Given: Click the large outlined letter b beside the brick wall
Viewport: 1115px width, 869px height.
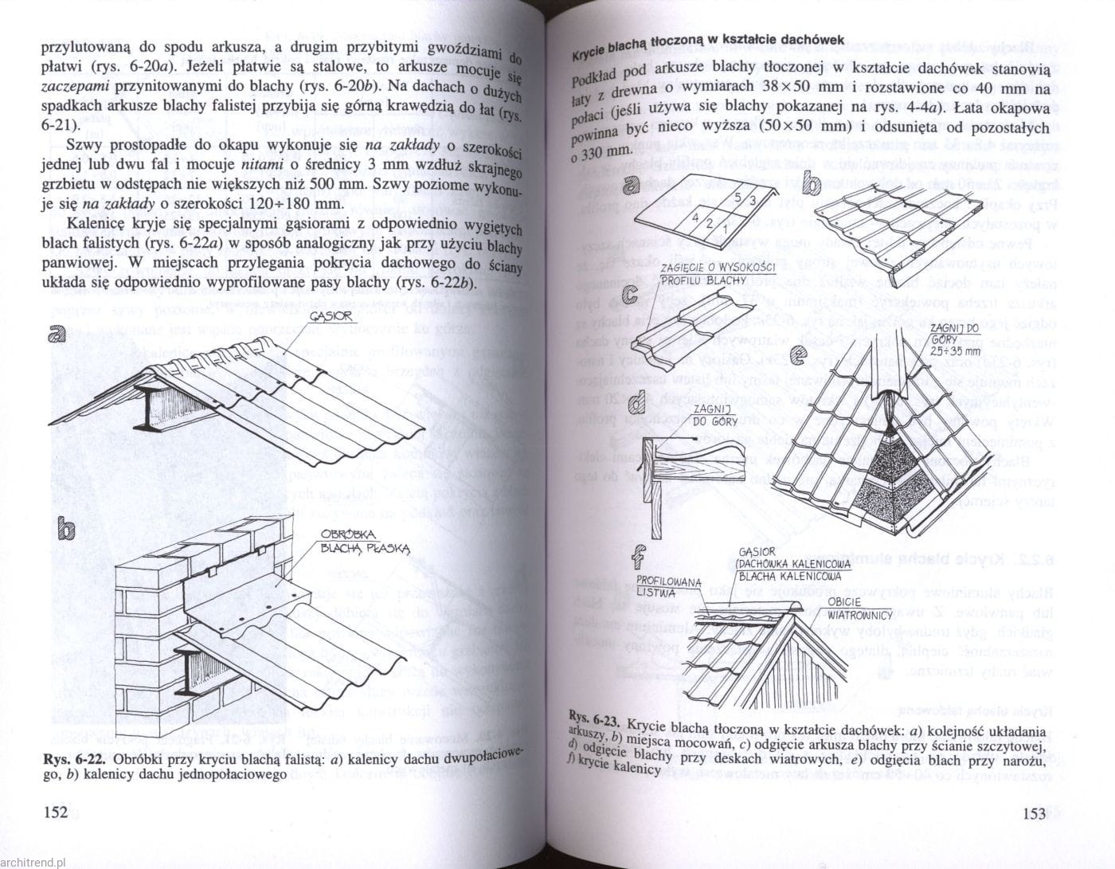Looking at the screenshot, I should point(68,529).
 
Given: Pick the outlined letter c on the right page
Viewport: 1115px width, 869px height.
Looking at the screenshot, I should point(631,295).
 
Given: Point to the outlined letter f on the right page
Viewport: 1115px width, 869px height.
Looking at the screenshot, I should point(640,552).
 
